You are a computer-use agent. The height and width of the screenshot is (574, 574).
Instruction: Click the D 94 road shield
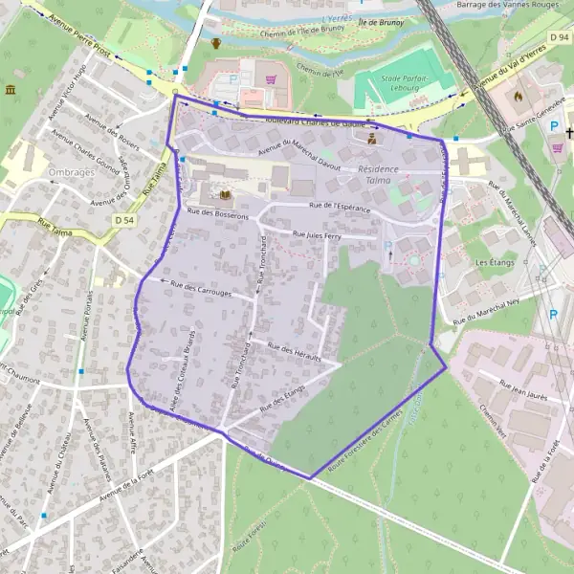tap(560, 37)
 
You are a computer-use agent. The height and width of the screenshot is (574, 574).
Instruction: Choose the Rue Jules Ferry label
tap(317, 234)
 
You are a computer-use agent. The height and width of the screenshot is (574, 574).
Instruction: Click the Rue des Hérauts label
tap(293, 350)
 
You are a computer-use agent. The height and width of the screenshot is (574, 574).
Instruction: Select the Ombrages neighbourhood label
tap(69, 173)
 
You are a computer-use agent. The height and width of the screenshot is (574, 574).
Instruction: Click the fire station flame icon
tap(519, 96)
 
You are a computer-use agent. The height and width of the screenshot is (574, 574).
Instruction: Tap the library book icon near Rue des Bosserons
tap(226, 196)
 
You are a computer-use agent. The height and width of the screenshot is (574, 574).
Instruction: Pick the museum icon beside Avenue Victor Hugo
tap(11, 90)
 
